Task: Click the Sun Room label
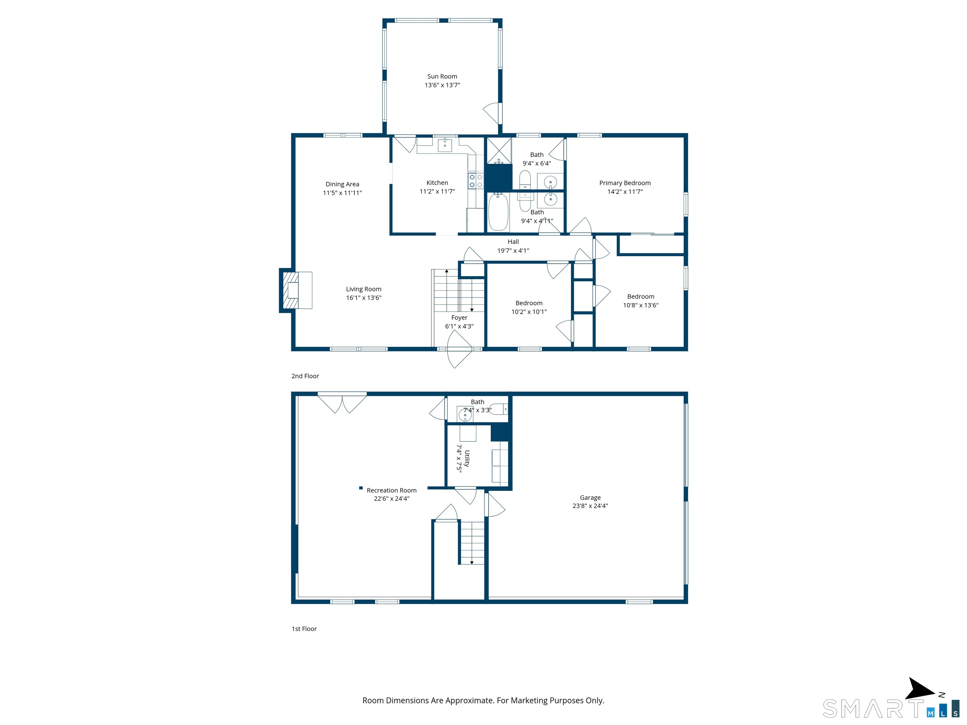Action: pos(442,76)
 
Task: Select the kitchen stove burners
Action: pos(476,181)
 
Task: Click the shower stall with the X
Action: pos(499,150)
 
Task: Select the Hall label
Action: pos(513,242)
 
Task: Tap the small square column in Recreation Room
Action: pos(361,488)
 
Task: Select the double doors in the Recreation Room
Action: pos(342,402)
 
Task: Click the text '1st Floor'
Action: pos(304,629)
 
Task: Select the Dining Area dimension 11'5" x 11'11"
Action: pos(342,193)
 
